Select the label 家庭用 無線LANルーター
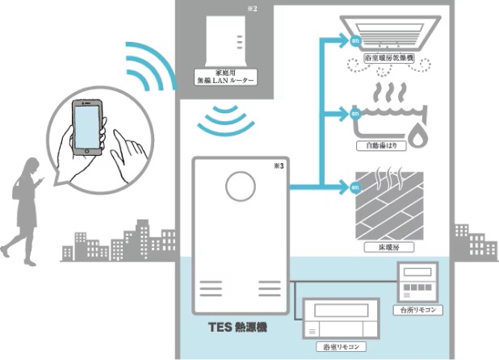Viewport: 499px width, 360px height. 224,77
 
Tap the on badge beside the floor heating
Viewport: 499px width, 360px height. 354,188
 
